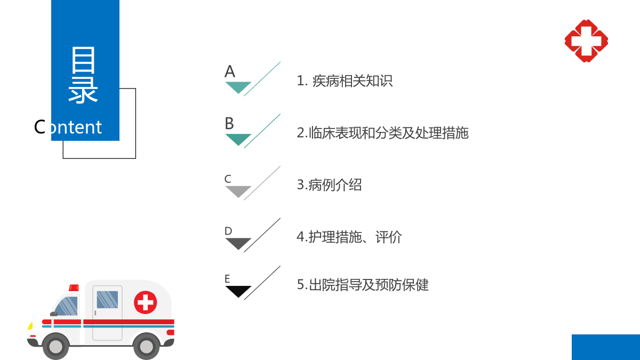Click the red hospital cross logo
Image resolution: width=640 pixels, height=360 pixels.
click(586, 41)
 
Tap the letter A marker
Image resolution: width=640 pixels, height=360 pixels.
click(230, 71)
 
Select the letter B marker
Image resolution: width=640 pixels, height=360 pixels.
click(229, 123)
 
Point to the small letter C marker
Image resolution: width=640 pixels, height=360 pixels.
click(228, 179)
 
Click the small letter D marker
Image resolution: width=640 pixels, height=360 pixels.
click(228, 231)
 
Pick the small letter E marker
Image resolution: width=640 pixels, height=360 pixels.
click(227, 278)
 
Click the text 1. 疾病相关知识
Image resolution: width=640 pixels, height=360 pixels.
click(345, 81)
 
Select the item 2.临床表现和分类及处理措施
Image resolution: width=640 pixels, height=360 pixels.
click(382, 133)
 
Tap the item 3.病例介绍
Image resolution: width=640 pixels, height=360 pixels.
click(329, 185)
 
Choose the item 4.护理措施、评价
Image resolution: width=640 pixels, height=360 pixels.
click(349, 237)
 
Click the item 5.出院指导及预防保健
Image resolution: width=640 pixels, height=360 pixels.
click(363, 285)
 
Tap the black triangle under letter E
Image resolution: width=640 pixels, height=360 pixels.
click(238, 290)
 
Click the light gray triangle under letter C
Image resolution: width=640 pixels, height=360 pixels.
click(238, 190)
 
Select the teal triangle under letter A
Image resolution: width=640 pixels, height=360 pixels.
click(238, 86)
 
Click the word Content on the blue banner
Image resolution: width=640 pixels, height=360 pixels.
click(68, 127)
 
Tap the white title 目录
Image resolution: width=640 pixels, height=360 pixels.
click(83, 75)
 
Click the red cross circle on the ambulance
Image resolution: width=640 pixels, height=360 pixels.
click(146, 302)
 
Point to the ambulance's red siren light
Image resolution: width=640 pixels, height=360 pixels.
click(74, 287)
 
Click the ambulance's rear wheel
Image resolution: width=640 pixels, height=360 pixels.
click(147, 346)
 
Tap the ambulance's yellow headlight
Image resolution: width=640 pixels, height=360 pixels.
click(30, 326)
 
